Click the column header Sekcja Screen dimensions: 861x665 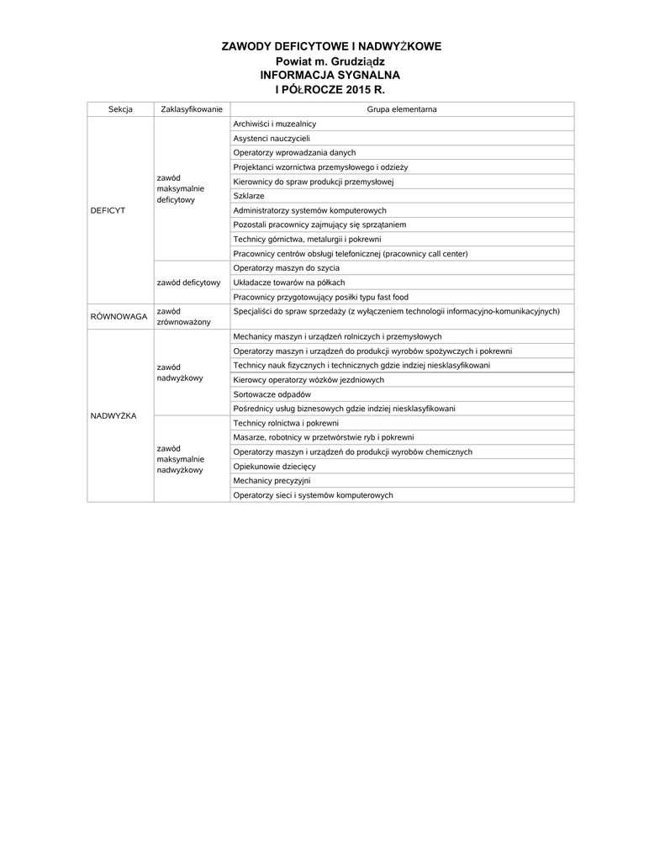tap(120, 109)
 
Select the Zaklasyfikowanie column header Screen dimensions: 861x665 tap(191, 109)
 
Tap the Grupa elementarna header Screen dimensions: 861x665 tap(401, 109)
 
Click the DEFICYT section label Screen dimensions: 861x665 tap(108, 210)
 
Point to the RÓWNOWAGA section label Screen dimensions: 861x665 tap(119, 316)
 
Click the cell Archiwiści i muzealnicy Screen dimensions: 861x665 tap(275, 124)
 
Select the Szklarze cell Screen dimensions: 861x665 tap(249, 195)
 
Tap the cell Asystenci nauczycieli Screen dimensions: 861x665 tap(272, 138)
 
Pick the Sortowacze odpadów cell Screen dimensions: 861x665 tap(272, 394)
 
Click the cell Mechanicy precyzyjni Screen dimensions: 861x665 tap(272, 481)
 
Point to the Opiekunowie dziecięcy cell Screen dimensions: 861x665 tap(274, 467)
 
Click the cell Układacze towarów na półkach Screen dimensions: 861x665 tap(289, 282)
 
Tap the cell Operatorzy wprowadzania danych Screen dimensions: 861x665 tap(294, 152)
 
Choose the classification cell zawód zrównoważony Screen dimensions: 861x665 tap(183, 316)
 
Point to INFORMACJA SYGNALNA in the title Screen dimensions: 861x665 tap(330, 75)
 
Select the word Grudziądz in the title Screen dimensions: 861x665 tap(354, 61)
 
